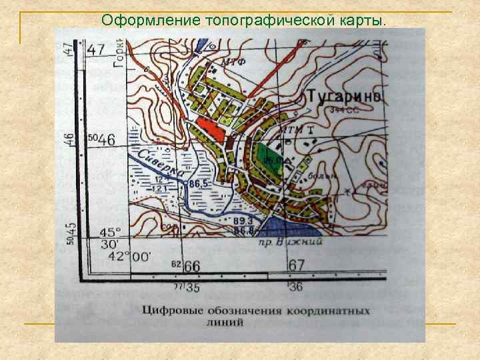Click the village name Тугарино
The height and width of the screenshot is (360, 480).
tap(345, 97)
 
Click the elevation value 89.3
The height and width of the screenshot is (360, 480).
tap(243, 220)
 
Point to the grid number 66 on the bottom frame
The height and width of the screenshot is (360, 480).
tap(192, 266)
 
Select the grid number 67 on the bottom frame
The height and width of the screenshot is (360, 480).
tap(297, 266)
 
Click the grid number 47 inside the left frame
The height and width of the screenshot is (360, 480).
tap(95, 49)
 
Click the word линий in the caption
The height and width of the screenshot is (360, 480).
tap(227, 323)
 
